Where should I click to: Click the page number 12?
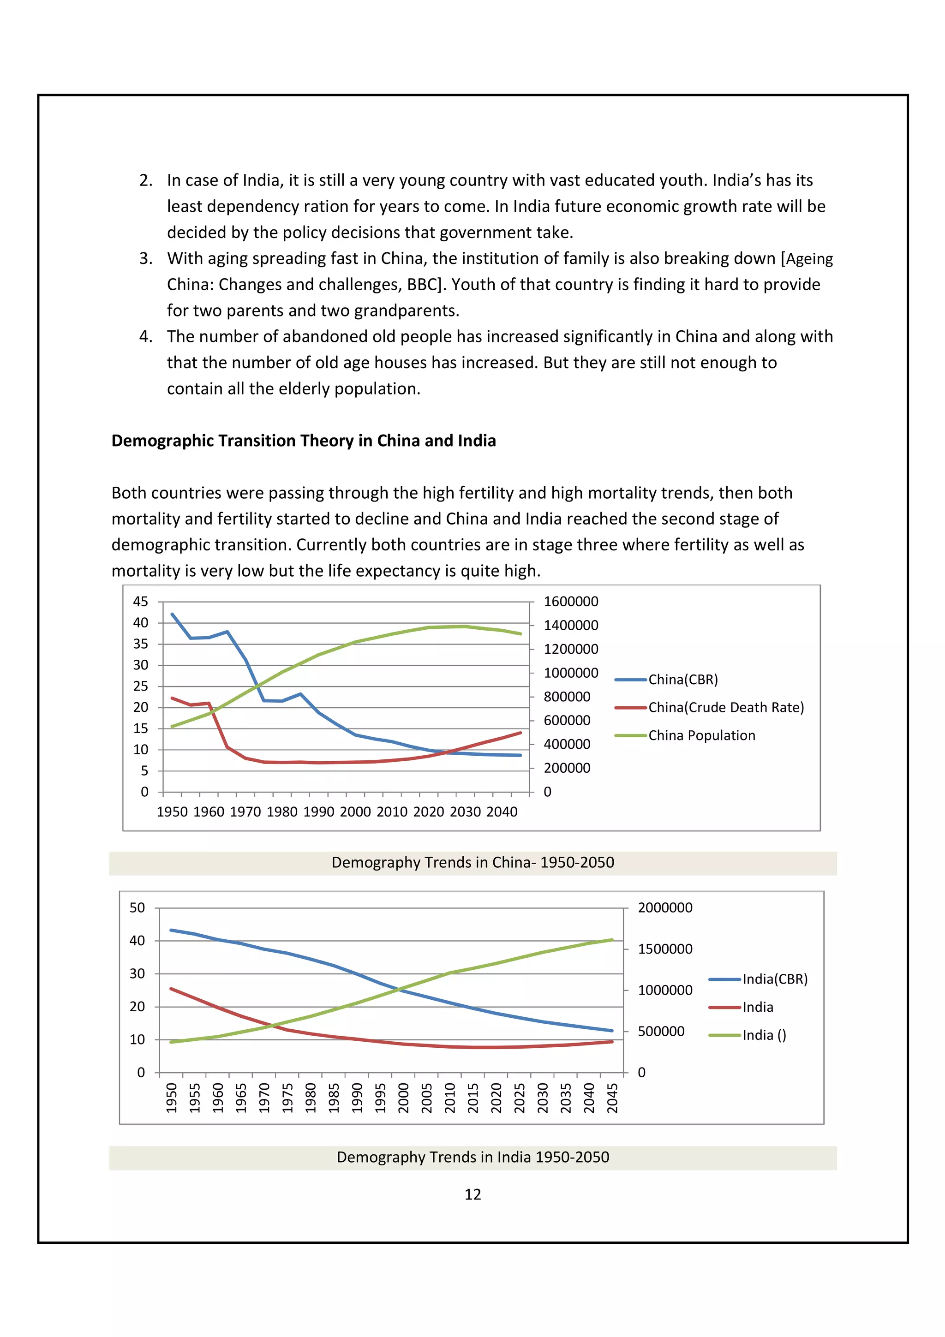(x=472, y=1194)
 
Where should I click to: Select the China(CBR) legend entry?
(x=682, y=680)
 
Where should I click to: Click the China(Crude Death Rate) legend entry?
(x=725, y=708)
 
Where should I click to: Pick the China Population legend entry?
(x=702, y=735)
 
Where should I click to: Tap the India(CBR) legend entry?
(x=774, y=979)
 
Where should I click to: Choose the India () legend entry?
(x=764, y=1035)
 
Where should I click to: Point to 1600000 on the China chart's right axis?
(x=571, y=602)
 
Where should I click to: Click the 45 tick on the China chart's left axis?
(x=140, y=602)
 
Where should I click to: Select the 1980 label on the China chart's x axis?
(x=282, y=812)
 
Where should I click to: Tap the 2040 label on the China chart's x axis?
(x=501, y=812)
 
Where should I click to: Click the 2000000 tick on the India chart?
(x=665, y=907)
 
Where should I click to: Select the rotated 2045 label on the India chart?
(x=612, y=1098)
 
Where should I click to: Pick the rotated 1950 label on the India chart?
(x=172, y=1098)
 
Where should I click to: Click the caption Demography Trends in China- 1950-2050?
(x=472, y=862)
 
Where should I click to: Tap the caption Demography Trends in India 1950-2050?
(x=472, y=1157)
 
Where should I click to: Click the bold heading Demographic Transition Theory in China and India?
(x=303, y=441)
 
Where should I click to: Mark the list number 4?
(x=145, y=337)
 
